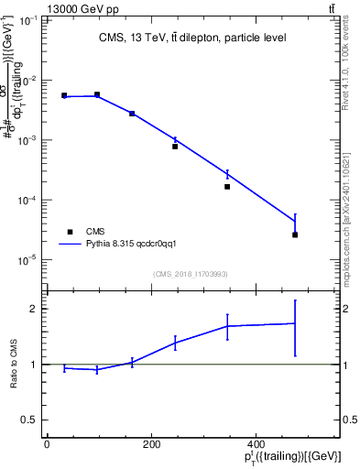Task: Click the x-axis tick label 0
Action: pos(47,445)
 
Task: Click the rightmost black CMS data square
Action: pos(295,234)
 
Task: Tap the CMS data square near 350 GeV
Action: pos(227,187)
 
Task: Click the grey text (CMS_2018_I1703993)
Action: pos(191,274)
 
